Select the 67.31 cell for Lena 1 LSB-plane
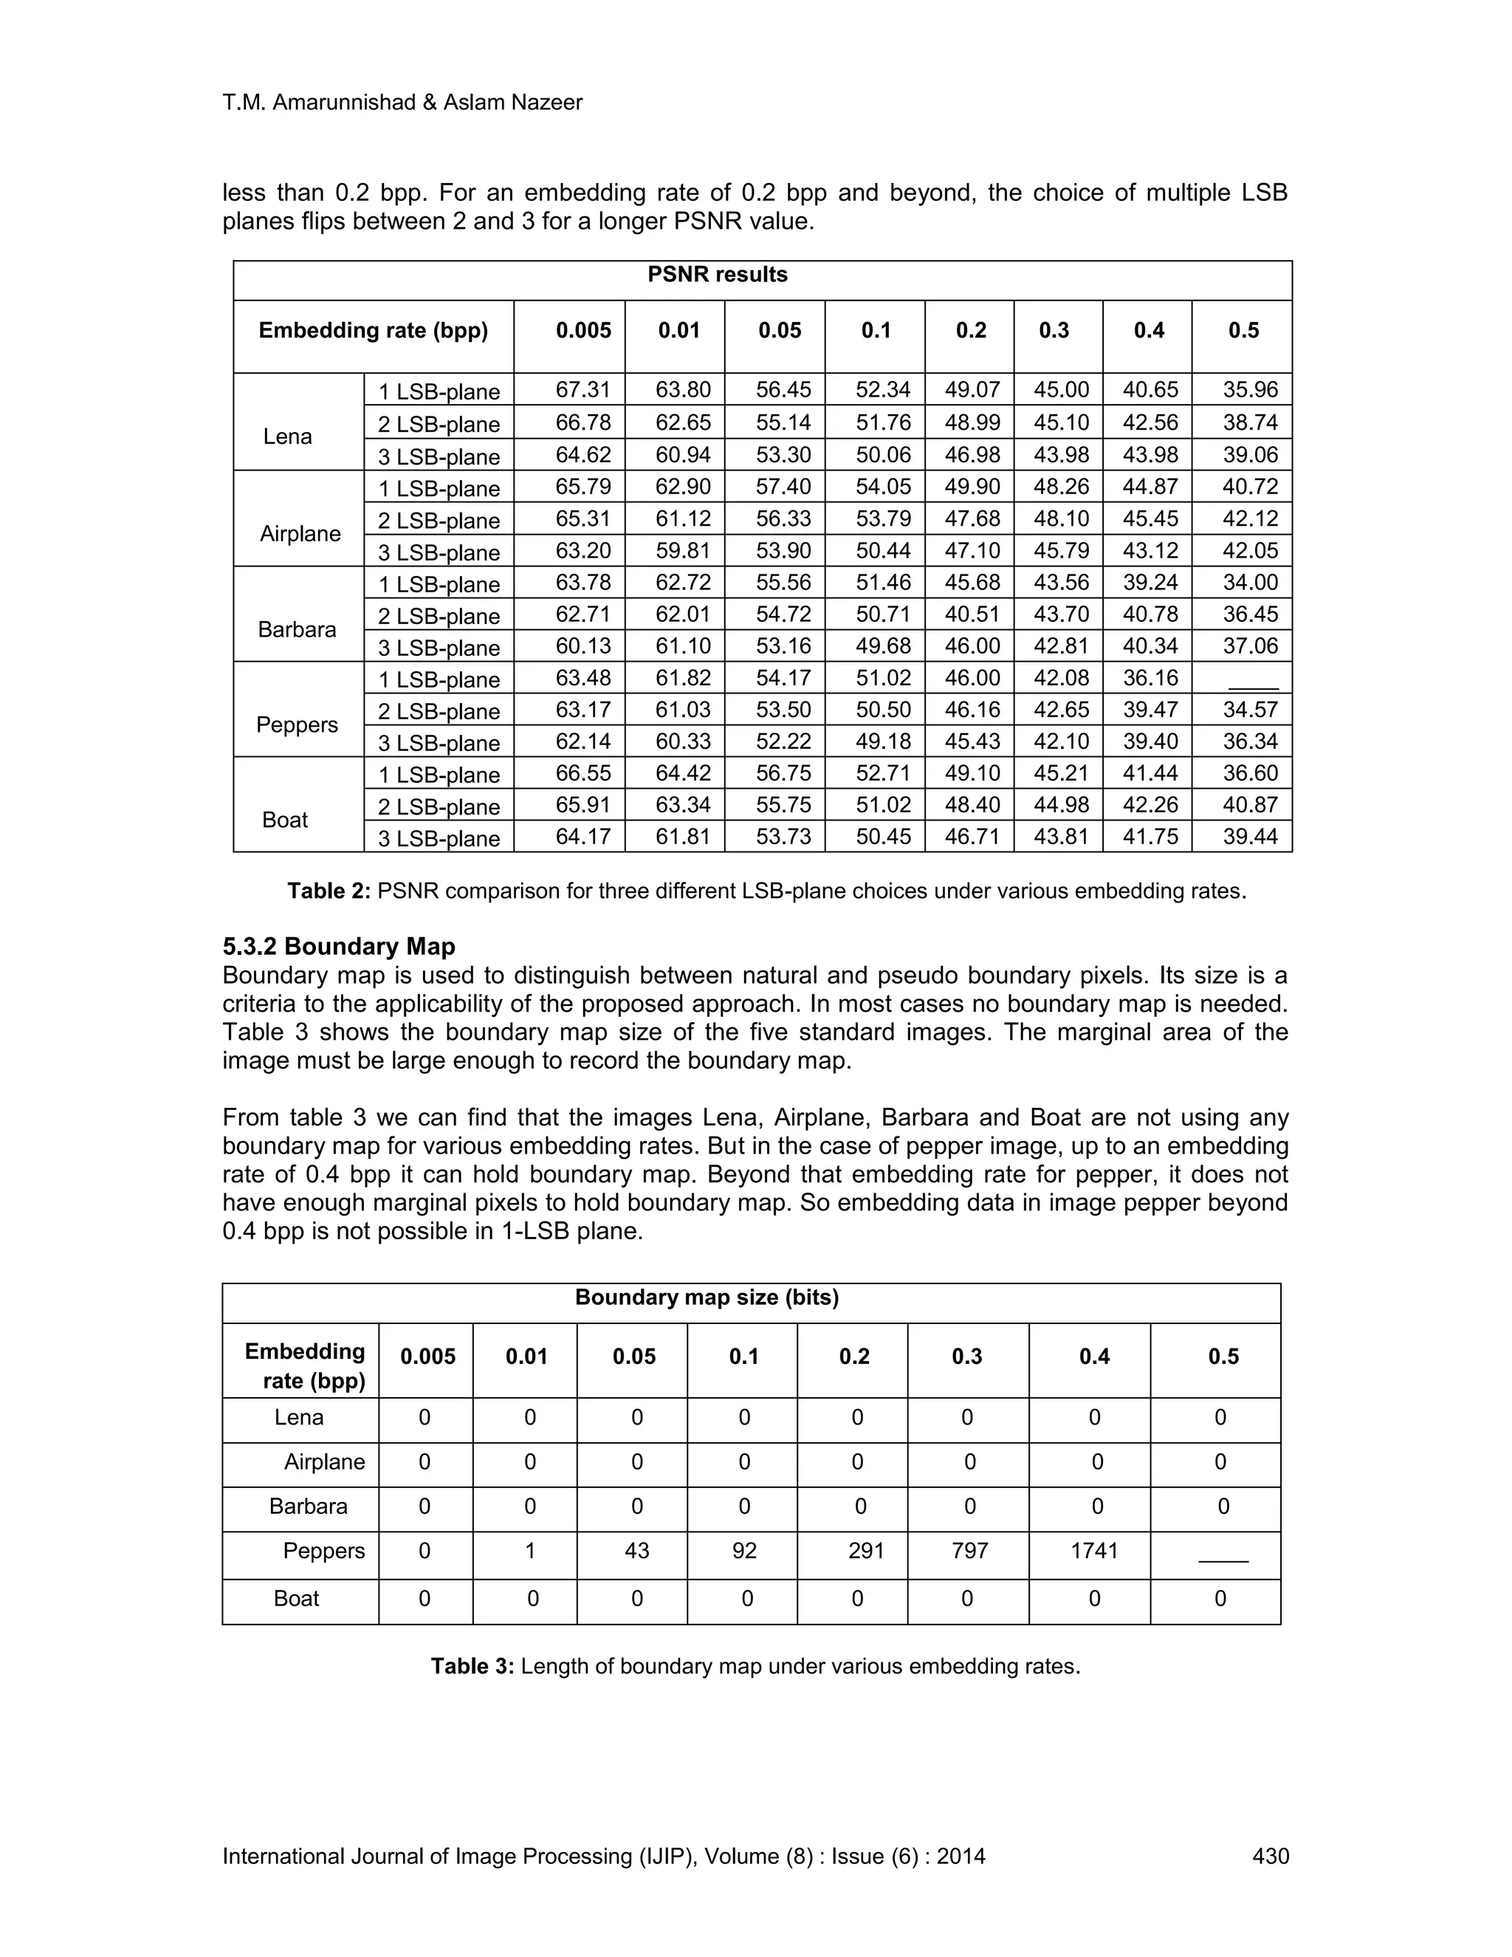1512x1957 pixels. [583, 390]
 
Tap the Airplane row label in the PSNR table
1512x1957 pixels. [300, 534]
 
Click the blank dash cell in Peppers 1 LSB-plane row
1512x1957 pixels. [1252, 679]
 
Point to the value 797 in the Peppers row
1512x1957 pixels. [970, 1550]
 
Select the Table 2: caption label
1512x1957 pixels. [329, 891]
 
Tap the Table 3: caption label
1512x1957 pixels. [472, 1666]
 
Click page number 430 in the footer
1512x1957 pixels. [1270, 1856]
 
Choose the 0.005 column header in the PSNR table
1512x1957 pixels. [583, 331]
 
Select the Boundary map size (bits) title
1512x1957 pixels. [707, 1298]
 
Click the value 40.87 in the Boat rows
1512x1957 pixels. [1251, 805]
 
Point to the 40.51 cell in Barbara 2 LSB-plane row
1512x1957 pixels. [972, 614]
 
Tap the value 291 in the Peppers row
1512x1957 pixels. [866, 1550]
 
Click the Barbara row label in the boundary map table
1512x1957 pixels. [308, 1507]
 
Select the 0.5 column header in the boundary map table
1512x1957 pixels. [1223, 1357]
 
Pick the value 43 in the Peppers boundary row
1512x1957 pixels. [637, 1550]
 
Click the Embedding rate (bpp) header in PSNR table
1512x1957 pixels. [374, 331]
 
